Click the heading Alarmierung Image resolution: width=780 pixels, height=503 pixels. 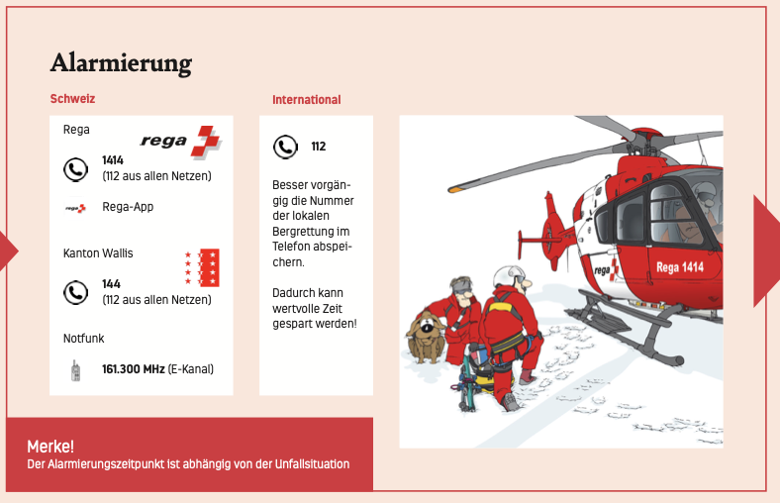point(121,63)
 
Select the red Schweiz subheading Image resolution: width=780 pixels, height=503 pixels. point(72,98)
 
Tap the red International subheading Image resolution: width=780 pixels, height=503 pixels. point(307,99)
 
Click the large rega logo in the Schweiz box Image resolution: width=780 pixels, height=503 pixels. point(180,142)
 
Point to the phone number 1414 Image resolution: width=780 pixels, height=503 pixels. point(113,160)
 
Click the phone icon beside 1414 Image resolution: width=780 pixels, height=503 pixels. point(75,169)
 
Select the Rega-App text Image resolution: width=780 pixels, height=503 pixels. point(128,207)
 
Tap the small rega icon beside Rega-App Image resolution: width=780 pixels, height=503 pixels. point(75,208)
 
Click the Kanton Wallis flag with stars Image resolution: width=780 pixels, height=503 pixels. point(202,267)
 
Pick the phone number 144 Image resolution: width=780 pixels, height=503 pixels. point(111,284)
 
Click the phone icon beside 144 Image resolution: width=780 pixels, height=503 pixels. point(75,292)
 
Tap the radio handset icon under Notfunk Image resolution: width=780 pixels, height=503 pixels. point(75,370)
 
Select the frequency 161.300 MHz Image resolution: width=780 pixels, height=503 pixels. point(134,369)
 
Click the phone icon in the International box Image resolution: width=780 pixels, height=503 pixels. point(285,147)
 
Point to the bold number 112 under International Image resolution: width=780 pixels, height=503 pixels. point(319,147)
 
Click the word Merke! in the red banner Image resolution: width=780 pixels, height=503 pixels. point(50,447)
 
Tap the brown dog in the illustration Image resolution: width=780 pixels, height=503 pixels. point(426,337)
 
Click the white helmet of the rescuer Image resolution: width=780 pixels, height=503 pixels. point(509,276)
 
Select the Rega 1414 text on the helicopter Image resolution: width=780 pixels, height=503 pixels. point(679,267)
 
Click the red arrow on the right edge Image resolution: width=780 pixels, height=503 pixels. point(766,251)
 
